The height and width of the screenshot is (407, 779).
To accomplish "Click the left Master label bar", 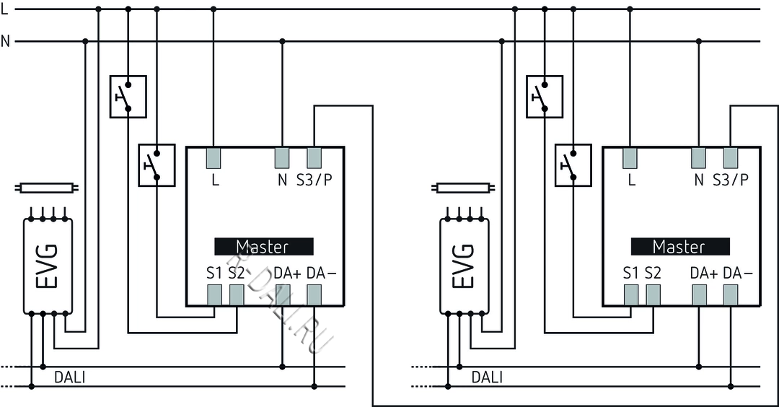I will pyautogui.click(x=263, y=247).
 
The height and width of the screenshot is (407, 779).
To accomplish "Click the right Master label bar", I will pyautogui.click(x=679, y=247).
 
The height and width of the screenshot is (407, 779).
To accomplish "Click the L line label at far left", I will pyautogui.click(x=5, y=9).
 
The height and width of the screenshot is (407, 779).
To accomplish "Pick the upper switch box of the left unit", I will pyautogui.click(x=128, y=97).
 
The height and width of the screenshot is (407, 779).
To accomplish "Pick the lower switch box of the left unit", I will pyautogui.click(x=157, y=165).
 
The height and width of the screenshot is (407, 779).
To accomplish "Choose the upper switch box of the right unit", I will pyautogui.click(x=545, y=97).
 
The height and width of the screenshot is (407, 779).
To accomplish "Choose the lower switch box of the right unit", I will pyautogui.click(x=573, y=165).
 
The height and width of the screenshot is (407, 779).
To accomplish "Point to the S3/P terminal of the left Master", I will pyautogui.click(x=314, y=157).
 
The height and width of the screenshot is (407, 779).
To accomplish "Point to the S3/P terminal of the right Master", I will pyautogui.click(x=731, y=157).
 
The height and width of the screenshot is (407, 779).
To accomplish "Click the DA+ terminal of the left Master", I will pyautogui.click(x=281, y=294).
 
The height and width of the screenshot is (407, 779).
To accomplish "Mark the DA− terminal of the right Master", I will pyautogui.click(x=731, y=294).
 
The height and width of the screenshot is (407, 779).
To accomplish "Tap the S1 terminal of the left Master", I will pyautogui.click(x=214, y=294).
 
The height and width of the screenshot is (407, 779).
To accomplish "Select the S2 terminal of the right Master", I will pyautogui.click(x=653, y=294).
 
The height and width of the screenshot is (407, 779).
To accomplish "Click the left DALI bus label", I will pyautogui.click(x=70, y=377).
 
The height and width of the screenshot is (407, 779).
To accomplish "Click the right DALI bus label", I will pyautogui.click(x=488, y=377).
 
